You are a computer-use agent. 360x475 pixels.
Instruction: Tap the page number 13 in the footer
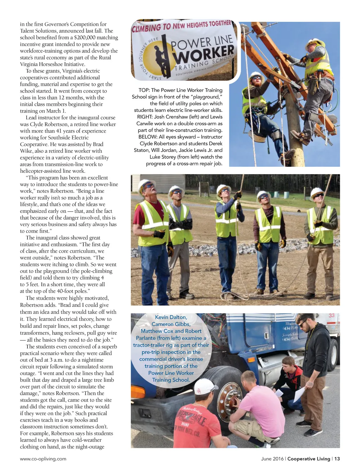337,459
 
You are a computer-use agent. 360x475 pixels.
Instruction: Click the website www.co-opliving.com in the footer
43,459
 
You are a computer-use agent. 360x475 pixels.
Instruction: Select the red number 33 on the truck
332,316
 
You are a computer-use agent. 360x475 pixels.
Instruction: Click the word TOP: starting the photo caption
144,90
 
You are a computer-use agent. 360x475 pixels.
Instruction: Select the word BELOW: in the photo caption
148,137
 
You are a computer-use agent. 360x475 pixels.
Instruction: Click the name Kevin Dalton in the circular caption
171,317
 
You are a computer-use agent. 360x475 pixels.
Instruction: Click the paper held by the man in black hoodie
299,394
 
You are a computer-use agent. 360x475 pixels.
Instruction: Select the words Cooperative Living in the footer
309,459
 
